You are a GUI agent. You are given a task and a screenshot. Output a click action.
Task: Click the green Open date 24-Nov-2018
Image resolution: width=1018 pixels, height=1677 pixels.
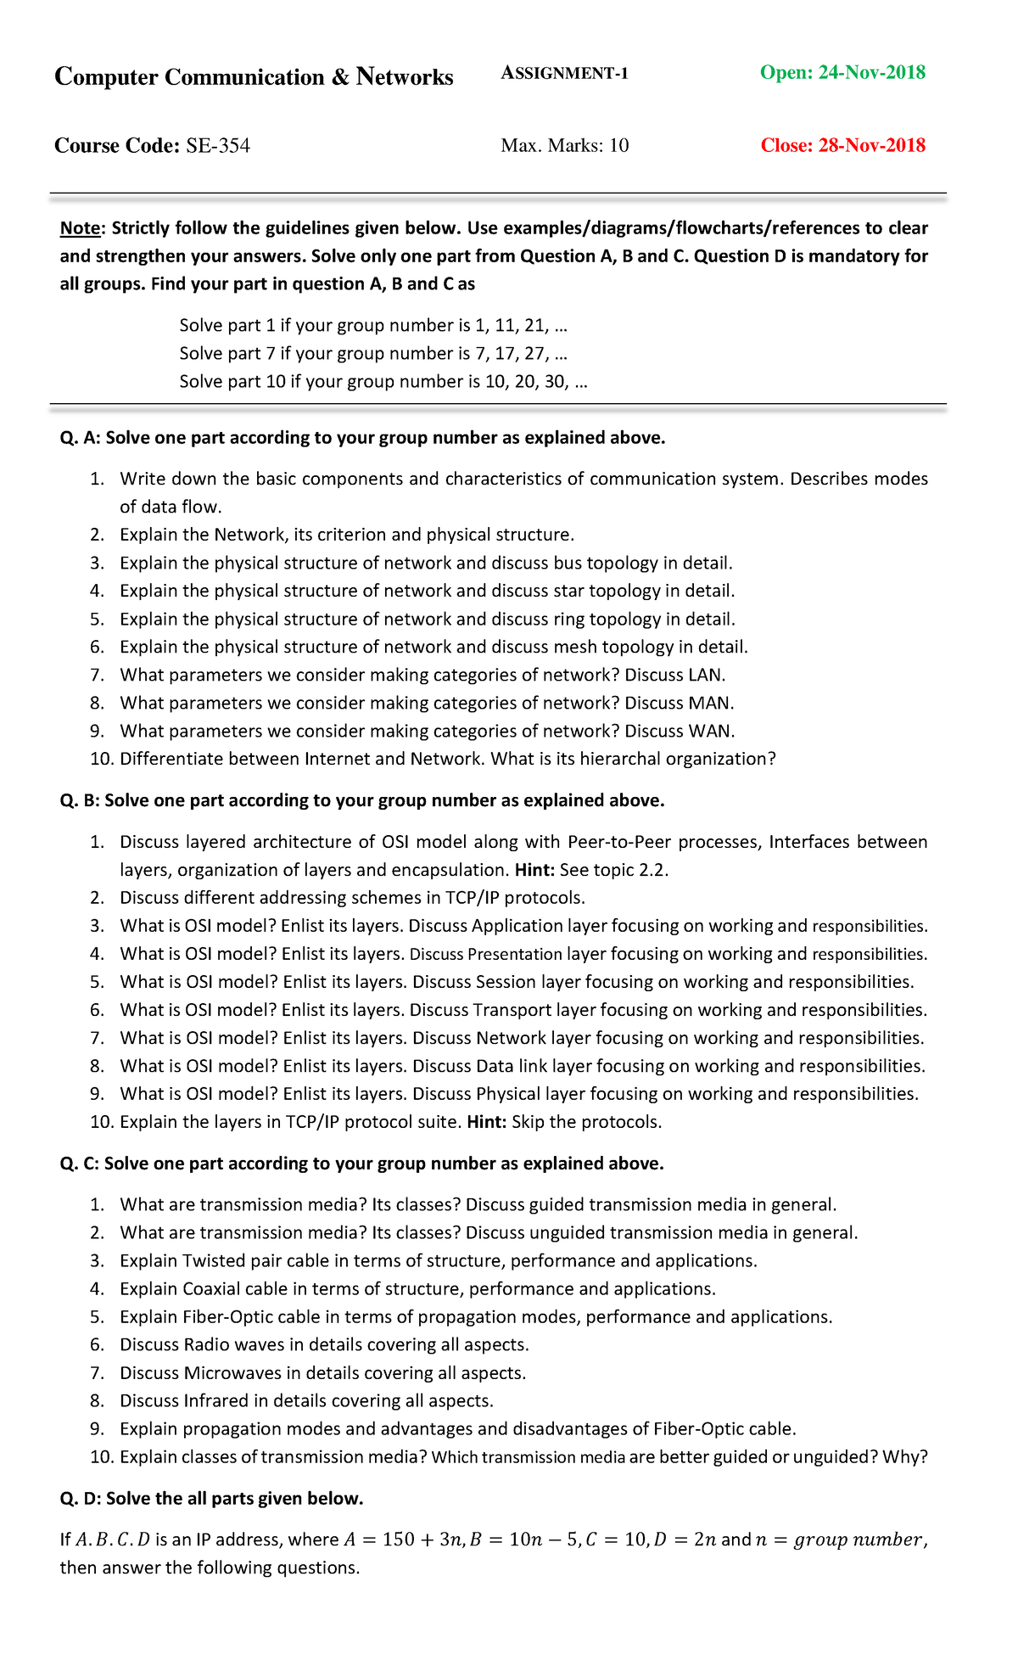(x=842, y=73)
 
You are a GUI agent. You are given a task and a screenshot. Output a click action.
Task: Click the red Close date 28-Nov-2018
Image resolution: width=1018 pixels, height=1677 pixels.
(x=842, y=146)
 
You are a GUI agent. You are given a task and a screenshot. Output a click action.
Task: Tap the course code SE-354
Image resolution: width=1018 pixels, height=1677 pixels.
(x=218, y=146)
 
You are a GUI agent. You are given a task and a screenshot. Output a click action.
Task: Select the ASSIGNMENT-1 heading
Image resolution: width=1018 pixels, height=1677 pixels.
(x=564, y=74)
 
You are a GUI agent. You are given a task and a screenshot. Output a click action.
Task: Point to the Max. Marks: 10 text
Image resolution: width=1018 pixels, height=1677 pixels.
(x=564, y=146)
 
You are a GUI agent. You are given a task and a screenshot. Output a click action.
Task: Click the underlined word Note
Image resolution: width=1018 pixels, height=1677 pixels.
(x=80, y=228)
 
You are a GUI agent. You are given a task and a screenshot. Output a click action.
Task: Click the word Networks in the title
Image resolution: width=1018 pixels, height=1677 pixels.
(x=405, y=77)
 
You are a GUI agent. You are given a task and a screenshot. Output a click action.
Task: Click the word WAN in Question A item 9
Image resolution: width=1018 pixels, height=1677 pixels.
(x=712, y=732)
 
